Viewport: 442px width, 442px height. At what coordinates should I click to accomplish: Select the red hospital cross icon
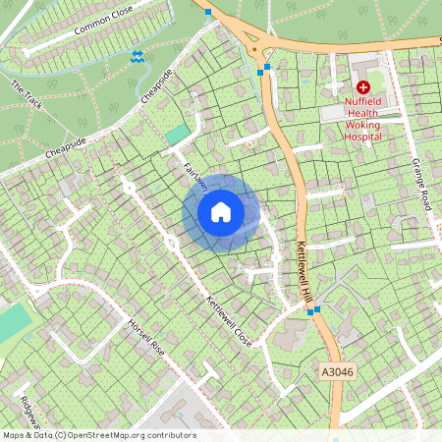tap(362, 87)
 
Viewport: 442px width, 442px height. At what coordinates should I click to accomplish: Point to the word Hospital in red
tap(362, 137)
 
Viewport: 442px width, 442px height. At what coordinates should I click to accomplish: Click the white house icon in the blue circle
tap(221, 212)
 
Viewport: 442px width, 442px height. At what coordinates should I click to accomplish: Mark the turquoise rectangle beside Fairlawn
tap(177, 135)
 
